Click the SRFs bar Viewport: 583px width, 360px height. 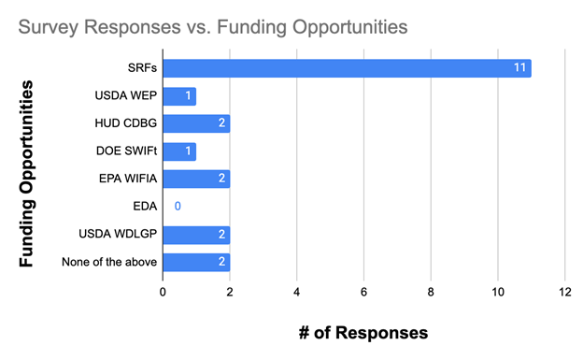point(347,68)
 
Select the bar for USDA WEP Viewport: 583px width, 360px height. point(179,96)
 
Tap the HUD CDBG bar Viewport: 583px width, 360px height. point(196,123)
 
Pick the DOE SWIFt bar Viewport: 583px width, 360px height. point(179,151)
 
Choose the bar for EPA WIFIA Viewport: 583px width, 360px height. point(196,179)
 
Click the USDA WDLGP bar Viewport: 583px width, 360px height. point(196,235)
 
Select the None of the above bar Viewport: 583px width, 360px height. point(196,262)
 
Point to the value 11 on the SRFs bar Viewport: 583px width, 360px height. point(520,68)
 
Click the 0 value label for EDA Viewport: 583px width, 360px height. point(177,207)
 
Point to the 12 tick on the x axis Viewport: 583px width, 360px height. point(564,293)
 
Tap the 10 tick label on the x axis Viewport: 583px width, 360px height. point(497,293)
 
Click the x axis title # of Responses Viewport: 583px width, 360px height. point(363,333)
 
